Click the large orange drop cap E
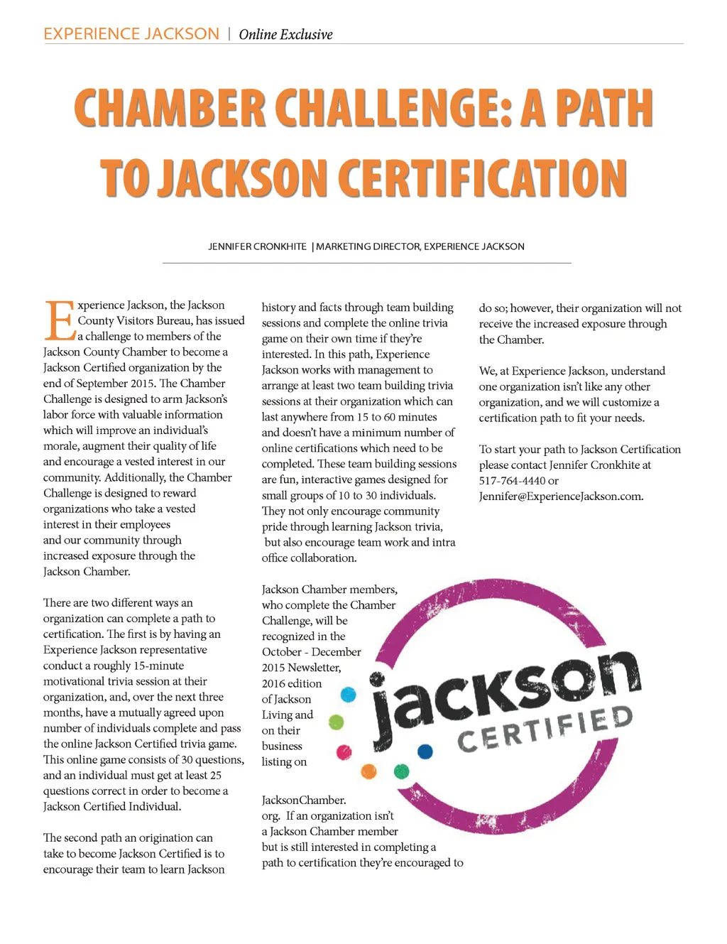coord(60,321)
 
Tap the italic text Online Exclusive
coord(285,34)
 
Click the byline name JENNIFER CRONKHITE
coord(257,246)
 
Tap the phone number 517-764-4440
coord(512,481)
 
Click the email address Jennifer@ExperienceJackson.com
coord(561,497)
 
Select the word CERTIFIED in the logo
coord(545,729)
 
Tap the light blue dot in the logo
coord(348,694)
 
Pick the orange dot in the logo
coord(368,771)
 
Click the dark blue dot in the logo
coord(425,751)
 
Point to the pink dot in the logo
coord(344,752)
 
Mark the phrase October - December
coord(311,652)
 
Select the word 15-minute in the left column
coord(158,666)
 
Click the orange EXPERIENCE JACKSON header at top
coord(131,34)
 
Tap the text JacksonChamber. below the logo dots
coord(304,801)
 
